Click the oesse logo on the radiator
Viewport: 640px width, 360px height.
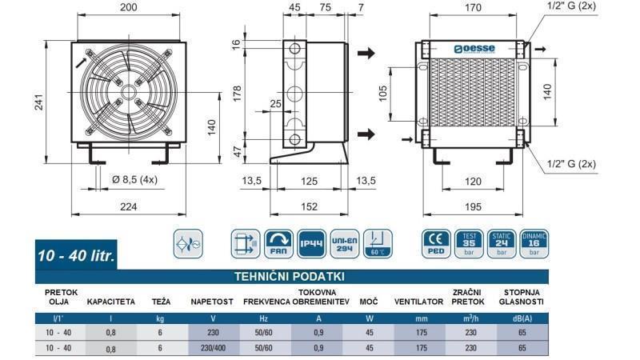pyautogui.click(x=474, y=50)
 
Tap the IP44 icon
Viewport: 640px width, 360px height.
pyautogui.click(x=310, y=242)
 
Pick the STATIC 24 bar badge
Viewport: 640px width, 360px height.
pyautogui.click(x=502, y=242)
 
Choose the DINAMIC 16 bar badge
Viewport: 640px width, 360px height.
pyautogui.click(x=534, y=242)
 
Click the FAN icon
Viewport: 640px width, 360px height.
pyautogui.click(x=278, y=242)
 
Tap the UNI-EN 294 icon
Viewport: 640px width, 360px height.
pyautogui.click(x=342, y=242)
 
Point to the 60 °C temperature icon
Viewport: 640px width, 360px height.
pyautogui.click(x=375, y=242)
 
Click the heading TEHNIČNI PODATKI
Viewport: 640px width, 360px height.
pyautogui.click(x=289, y=277)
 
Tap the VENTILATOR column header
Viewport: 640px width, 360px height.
pyautogui.click(x=418, y=302)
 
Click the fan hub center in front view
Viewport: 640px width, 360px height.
pyautogui.click(x=128, y=90)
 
